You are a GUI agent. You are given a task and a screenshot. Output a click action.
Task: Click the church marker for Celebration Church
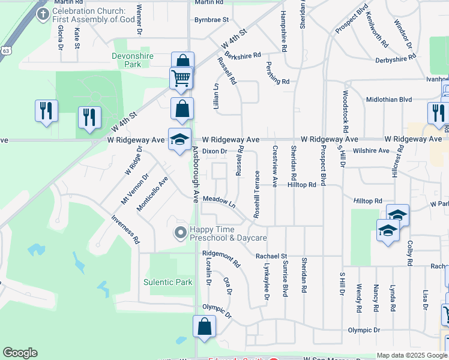(43, 14)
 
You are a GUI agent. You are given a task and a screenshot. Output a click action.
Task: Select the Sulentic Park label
(168, 282)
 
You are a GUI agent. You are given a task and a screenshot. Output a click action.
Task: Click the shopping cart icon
(181, 78)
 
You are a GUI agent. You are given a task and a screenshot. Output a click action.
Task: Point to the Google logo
(20, 353)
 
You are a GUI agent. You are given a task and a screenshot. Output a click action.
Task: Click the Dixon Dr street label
(214, 151)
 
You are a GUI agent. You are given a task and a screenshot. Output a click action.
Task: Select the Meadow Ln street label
(218, 201)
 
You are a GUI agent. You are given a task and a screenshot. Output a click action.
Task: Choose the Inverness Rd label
(125, 229)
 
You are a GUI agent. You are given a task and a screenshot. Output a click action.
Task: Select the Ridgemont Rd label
(221, 259)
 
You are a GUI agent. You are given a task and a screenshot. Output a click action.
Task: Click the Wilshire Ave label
(371, 151)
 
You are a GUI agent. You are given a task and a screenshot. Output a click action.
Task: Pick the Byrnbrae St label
(212, 20)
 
